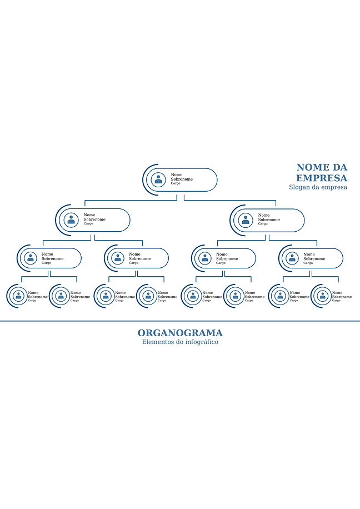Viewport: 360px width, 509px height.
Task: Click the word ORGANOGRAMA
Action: (180, 333)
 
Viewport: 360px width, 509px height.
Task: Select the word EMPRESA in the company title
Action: (322, 178)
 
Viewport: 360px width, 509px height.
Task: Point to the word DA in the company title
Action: (339, 167)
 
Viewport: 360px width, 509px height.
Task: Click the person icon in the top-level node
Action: (158, 179)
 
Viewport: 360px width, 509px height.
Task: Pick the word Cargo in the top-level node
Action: (176, 183)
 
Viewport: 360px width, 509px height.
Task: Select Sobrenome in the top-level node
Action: (182, 179)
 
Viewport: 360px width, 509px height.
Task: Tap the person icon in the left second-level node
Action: (71, 219)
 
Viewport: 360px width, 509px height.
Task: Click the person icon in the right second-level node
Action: (246, 220)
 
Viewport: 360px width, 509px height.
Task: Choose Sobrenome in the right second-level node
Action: (269, 219)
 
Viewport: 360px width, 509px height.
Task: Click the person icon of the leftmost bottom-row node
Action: (18, 296)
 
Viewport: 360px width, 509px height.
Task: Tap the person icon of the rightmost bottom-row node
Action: (322, 296)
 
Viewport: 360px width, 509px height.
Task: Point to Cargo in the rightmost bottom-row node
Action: (336, 301)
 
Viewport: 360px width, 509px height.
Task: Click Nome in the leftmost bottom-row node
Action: (33, 293)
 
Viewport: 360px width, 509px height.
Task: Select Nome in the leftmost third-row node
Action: (47, 254)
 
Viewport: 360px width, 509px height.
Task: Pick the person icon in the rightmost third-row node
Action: (292, 258)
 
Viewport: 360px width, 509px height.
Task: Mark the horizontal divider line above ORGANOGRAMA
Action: (180, 321)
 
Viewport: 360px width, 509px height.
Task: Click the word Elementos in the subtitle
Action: (155, 342)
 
